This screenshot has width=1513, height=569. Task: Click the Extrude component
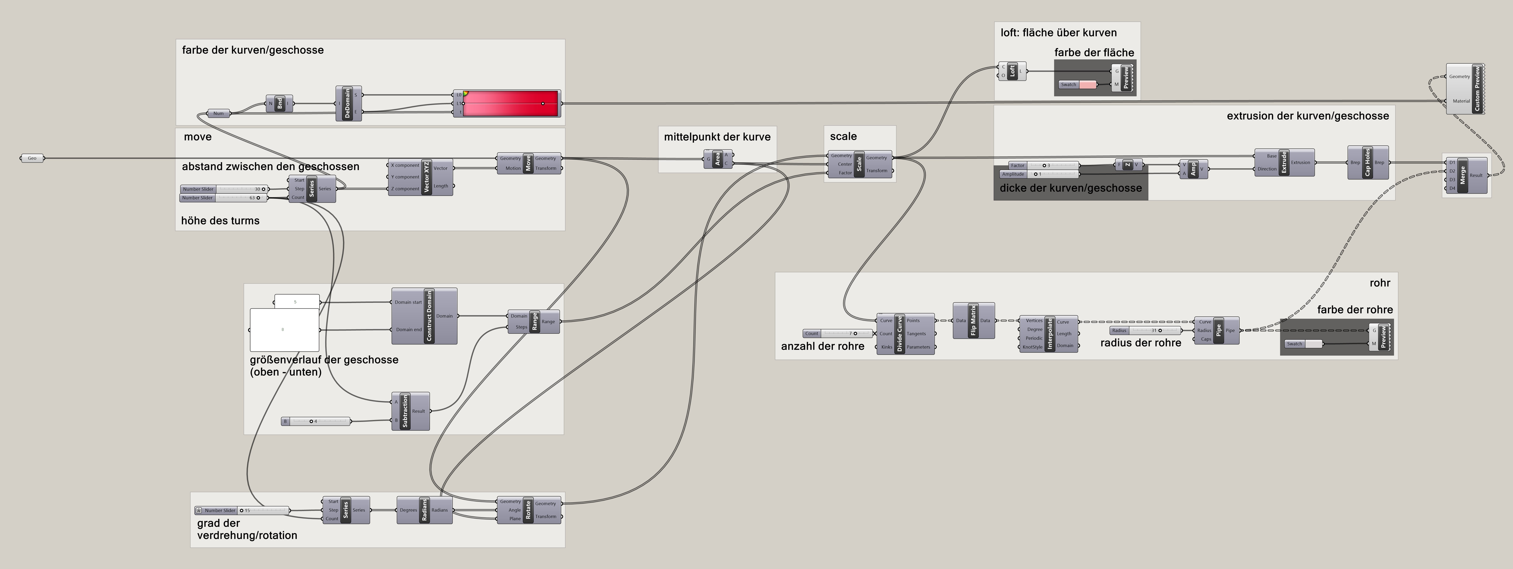coord(1284,162)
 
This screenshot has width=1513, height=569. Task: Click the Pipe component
coord(1218,330)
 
